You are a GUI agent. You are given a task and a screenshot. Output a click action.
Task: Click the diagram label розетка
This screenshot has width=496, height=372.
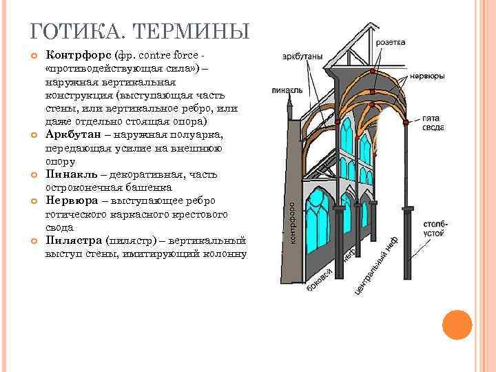point(391,42)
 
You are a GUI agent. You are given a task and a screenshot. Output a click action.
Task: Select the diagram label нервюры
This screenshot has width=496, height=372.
point(431,76)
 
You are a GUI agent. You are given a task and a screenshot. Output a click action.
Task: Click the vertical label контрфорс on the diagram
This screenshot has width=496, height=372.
point(293,222)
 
